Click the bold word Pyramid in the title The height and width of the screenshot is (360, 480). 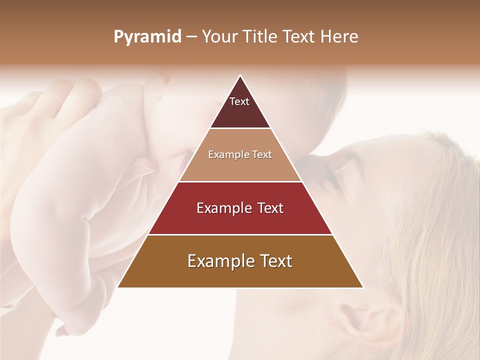click(x=147, y=36)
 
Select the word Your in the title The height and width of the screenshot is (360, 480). click(x=219, y=36)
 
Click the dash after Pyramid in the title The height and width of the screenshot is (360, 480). click(x=191, y=36)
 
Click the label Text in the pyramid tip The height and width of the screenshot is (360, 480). click(x=239, y=101)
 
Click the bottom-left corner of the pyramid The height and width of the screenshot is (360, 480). click(x=118, y=287)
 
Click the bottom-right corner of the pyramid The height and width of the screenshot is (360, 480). click(x=363, y=287)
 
